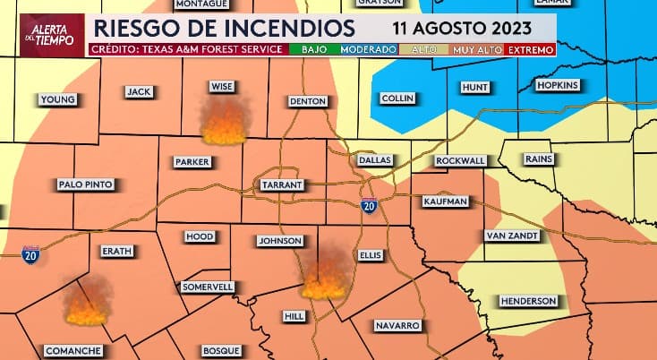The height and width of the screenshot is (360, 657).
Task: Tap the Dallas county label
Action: click(x=375, y=159)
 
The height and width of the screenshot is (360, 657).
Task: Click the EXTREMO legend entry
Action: click(x=533, y=49)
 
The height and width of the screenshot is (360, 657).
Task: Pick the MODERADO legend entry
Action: click(x=369, y=49)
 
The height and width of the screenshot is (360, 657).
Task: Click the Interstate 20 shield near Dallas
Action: click(x=368, y=206)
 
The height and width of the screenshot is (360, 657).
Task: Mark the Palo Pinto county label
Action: click(x=85, y=184)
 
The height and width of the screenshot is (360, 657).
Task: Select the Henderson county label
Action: click(x=528, y=301)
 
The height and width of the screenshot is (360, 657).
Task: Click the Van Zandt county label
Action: click(x=512, y=236)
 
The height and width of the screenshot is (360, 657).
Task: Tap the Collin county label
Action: click(x=397, y=98)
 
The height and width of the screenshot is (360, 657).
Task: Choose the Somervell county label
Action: click(x=208, y=287)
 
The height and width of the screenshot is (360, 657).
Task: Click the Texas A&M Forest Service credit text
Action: click(x=190, y=49)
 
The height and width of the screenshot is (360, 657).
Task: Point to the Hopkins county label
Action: click(x=558, y=85)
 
